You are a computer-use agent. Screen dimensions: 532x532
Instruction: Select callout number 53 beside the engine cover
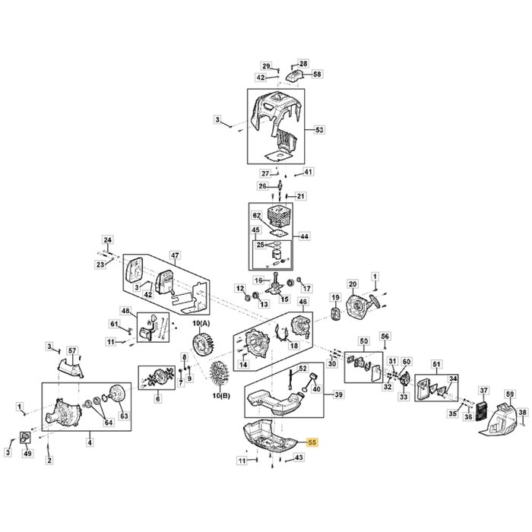(319, 131)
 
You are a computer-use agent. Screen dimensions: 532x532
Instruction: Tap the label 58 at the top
(318, 74)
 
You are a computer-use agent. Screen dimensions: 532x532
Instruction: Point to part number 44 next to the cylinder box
(305, 236)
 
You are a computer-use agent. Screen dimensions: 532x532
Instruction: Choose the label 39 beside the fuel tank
(339, 394)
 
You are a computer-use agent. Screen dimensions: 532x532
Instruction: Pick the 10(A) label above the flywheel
(201, 325)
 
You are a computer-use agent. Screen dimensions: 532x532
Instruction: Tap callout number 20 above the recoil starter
(352, 285)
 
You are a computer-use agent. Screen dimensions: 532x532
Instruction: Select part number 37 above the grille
(483, 391)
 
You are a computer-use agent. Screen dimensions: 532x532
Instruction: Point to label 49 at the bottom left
(28, 454)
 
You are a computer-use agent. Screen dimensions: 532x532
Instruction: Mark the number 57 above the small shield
(72, 350)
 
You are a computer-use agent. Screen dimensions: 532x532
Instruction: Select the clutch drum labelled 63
(117, 398)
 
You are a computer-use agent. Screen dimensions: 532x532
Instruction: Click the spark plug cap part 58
(296, 75)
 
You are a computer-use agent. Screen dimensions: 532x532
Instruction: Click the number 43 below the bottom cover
(299, 458)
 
